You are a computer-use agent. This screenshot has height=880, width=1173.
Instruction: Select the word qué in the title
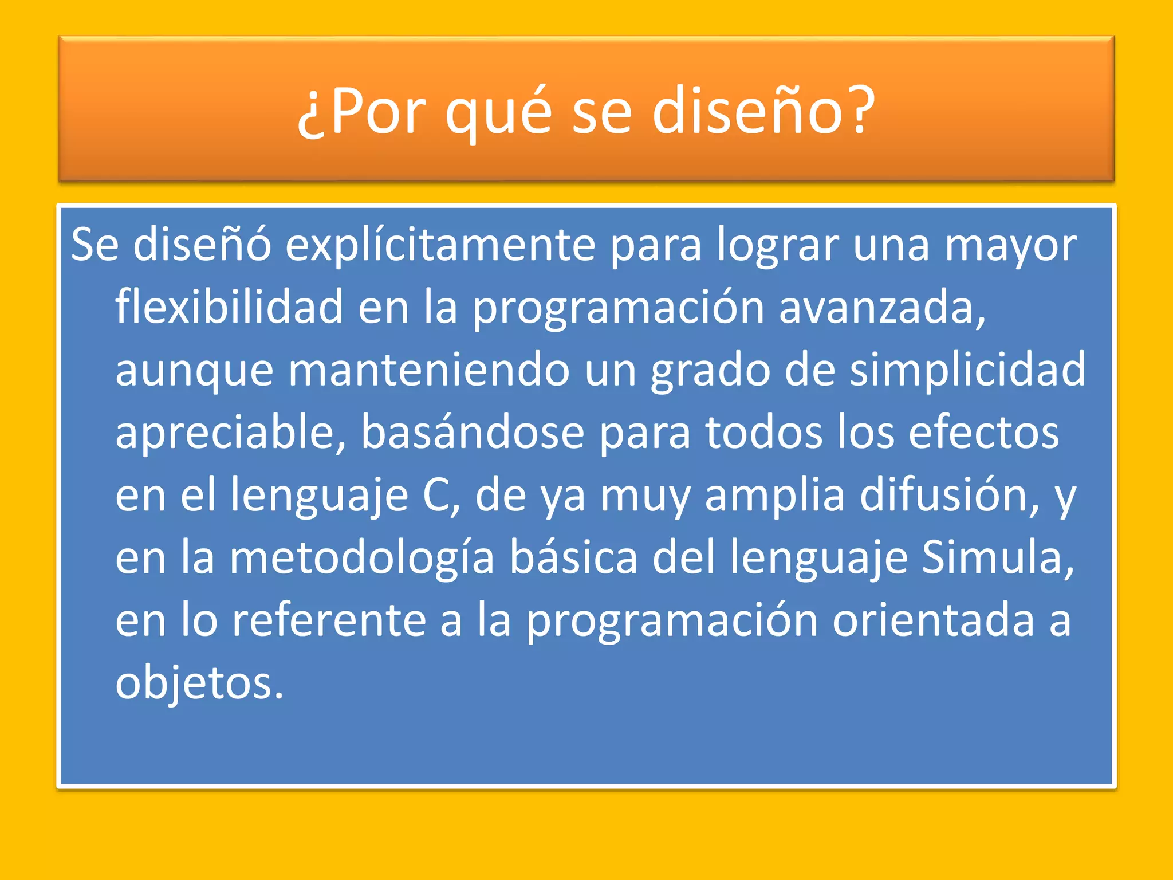pos(498,112)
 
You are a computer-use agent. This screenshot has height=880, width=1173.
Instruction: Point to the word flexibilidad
pos(229,307)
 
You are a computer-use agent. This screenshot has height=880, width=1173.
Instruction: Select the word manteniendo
pos(428,370)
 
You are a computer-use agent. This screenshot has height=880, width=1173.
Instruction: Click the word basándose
pos(472,433)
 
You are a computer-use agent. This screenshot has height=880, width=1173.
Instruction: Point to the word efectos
pos(983,433)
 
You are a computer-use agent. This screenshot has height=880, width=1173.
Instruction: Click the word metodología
pos(361,559)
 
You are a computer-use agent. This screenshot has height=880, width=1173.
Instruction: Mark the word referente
pos(329,620)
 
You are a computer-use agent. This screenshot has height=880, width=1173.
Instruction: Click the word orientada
pos(933,620)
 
